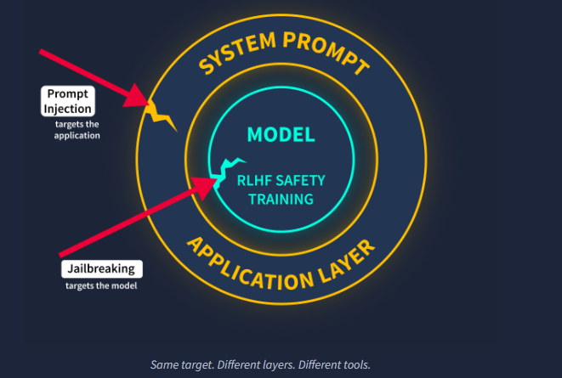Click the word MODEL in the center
[x=281, y=134]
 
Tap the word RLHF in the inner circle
[x=254, y=180]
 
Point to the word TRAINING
[x=281, y=199]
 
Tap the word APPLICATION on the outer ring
[x=250, y=266]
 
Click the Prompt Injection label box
[x=68, y=101]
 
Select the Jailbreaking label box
[x=102, y=268]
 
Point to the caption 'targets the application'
[x=77, y=130]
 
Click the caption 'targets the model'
[x=101, y=285]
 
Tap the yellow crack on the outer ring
[x=160, y=116]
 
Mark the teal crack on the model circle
[x=226, y=171]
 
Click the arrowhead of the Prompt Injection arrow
[x=137, y=96]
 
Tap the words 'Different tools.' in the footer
[x=334, y=364]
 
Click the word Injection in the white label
[x=68, y=109]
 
